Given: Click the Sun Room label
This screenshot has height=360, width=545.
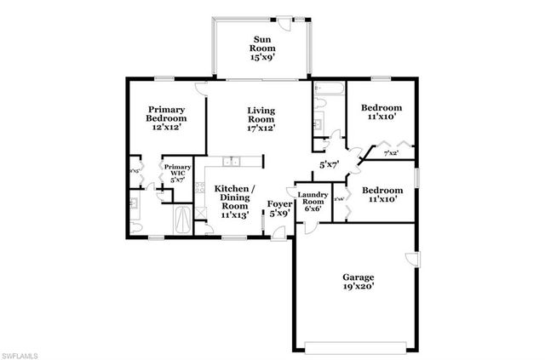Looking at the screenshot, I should pyautogui.click(x=261, y=43).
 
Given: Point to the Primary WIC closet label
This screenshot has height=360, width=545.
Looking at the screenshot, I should pyautogui.click(x=177, y=174).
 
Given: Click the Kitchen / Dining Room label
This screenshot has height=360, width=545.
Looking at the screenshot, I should pyautogui.click(x=232, y=197).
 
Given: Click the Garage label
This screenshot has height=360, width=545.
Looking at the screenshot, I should pyautogui.click(x=359, y=277).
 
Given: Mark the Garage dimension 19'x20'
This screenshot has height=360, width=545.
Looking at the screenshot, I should pyautogui.click(x=359, y=289).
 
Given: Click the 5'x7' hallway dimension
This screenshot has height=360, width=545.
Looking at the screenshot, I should pyautogui.click(x=330, y=163).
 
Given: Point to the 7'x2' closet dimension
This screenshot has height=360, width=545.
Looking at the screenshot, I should pyautogui.click(x=391, y=153).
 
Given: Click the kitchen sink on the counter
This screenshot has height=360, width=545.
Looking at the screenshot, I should pyautogui.click(x=231, y=162).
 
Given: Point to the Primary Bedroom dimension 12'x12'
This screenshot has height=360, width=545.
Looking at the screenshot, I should pyautogui.click(x=168, y=126).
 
